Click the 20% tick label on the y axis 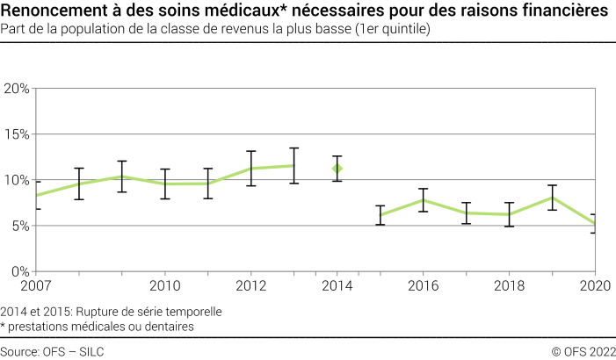pos(17,89)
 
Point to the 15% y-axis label pos(17,134)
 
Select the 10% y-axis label pos(17,180)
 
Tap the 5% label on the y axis pos(20,226)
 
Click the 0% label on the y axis pos(20,271)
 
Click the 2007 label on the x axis pos(36,285)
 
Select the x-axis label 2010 pos(164,285)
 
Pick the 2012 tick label pos(250,285)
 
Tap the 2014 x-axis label pos(337,285)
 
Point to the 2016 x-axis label pos(423,285)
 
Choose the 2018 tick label pos(509,285)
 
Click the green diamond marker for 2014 pos(337,168)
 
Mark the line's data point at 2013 pos(294,165)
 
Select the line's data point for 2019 pos(552,198)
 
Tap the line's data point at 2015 pos(380,215)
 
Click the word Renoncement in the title pos(58,11)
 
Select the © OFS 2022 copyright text pos(583,351)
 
